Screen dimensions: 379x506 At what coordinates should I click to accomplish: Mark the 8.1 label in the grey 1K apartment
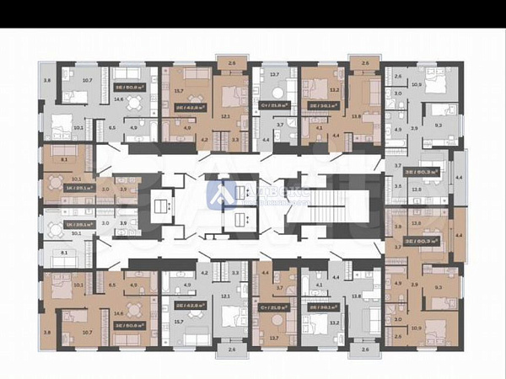[x=65, y=252]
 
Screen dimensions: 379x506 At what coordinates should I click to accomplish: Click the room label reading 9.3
[x=437, y=287]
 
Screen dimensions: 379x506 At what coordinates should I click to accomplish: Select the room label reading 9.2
[x=437, y=124]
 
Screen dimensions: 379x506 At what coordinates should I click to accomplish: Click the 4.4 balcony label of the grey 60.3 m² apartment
[x=459, y=178]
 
